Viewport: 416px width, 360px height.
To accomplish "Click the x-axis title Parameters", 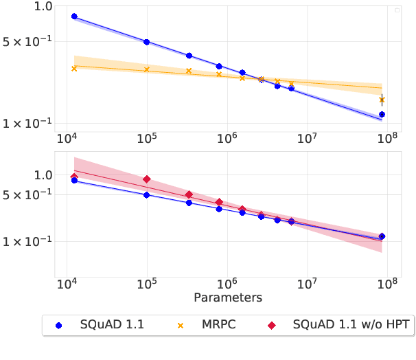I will (228, 298).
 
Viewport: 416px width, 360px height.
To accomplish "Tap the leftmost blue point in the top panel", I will (74, 16).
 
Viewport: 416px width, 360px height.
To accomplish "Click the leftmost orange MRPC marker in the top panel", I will (74, 69).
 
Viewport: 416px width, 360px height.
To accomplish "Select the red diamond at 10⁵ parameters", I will (146, 179).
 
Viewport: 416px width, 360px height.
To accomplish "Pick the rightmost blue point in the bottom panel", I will (382, 236).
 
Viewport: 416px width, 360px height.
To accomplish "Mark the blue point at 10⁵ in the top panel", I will (146, 42).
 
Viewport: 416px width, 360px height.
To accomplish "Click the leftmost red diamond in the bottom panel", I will (74, 177).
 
